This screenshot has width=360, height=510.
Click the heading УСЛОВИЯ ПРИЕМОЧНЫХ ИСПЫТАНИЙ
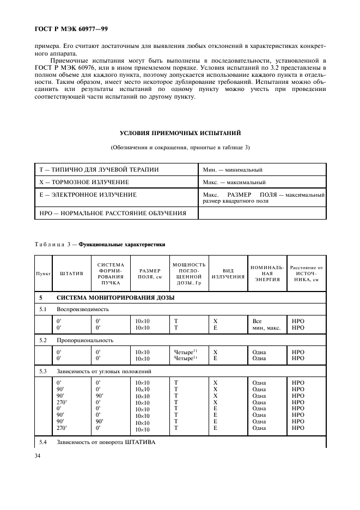(180, 133)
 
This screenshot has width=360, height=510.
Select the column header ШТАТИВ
(71, 272)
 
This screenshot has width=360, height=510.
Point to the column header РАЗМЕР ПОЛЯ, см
(149, 272)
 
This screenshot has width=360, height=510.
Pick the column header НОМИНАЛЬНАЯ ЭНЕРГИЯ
(266, 272)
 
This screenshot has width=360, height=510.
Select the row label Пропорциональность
(85, 340)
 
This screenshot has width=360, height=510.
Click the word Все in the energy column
(257, 321)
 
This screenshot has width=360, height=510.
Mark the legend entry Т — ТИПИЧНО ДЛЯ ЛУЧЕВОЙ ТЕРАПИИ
(99, 169)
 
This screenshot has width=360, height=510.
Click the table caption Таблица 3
(55, 245)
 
